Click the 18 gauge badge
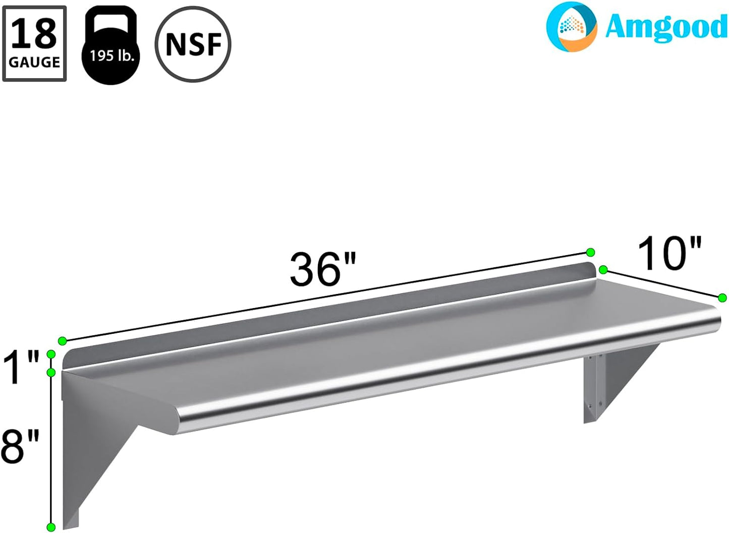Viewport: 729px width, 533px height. tap(34, 44)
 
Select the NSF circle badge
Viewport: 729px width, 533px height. tap(193, 44)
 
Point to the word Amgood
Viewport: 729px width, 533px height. tap(665, 27)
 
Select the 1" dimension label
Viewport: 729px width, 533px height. tap(21, 368)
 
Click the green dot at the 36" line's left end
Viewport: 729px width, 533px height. tap(62, 341)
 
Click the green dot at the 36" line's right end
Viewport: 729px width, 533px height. tap(590, 252)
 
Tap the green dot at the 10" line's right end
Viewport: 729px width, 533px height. tap(722, 298)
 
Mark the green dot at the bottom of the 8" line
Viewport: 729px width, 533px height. tap(51, 527)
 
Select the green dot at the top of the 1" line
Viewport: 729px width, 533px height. tap(51, 354)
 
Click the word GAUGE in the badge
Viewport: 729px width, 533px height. tap(34, 62)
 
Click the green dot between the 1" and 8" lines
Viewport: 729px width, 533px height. tap(51, 373)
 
